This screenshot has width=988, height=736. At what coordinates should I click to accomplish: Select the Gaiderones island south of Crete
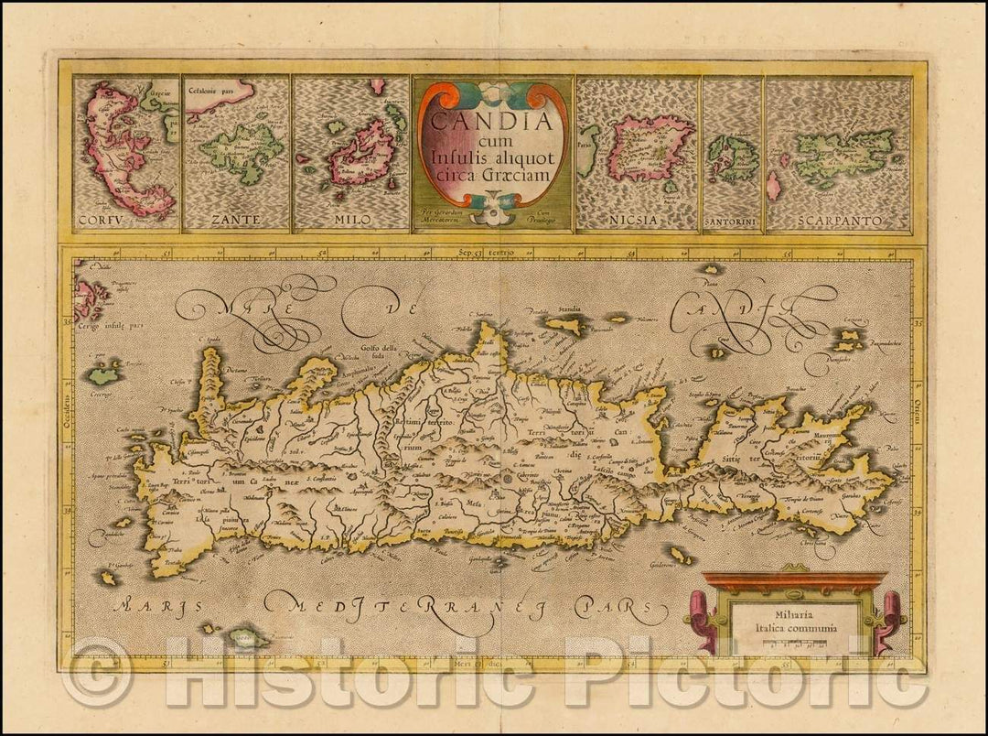[x=679, y=555]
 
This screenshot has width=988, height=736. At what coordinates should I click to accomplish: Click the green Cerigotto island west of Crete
[x=104, y=374]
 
